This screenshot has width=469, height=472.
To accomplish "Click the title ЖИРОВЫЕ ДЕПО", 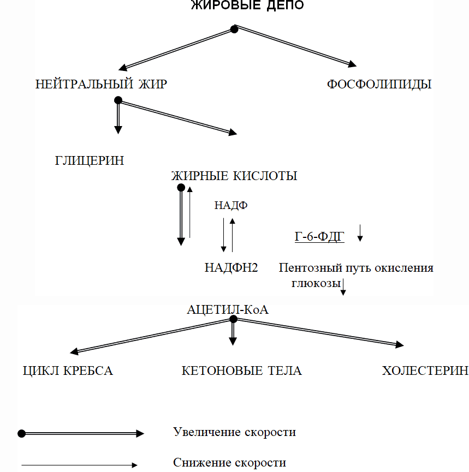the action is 247,5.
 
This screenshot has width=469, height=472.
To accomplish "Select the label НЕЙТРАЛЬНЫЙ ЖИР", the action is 101,84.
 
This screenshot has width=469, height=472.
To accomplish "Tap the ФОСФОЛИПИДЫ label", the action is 379,84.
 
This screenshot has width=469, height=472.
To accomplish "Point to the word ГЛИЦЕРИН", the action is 90,160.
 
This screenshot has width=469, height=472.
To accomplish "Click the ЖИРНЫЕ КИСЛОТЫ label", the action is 234,176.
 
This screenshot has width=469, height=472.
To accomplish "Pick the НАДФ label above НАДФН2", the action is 231,205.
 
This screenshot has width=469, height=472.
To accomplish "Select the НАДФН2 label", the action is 231,267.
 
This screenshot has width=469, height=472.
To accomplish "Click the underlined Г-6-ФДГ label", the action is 319,237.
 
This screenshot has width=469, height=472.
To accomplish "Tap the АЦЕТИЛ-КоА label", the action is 228,309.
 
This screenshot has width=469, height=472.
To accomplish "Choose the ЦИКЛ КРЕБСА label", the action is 68,371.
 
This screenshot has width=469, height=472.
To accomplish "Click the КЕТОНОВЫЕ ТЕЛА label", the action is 241,371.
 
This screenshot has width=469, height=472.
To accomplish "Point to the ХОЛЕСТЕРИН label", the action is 425,371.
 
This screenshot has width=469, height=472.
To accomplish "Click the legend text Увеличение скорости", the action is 234,432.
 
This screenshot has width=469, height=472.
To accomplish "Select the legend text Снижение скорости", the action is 229,462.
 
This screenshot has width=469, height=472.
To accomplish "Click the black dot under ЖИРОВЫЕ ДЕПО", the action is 234,29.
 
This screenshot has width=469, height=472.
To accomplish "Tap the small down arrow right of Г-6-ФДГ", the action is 360,232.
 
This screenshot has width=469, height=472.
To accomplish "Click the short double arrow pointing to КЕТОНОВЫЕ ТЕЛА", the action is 233,333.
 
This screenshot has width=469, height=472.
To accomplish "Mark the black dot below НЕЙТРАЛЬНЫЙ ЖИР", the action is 118,100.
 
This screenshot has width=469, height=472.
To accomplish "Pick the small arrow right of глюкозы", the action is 343,287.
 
